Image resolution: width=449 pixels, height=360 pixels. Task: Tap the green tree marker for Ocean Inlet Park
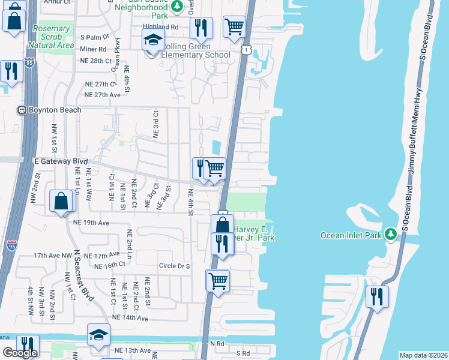(x=391, y=232)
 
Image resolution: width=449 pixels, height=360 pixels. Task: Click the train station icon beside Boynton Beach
(x=22, y=110)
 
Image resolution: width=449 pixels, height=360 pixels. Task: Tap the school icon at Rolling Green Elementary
(x=153, y=41)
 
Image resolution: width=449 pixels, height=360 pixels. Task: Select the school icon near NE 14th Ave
(x=98, y=335)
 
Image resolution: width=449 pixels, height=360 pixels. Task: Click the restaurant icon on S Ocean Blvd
(x=377, y=296)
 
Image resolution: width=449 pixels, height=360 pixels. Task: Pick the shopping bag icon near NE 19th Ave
(x=62, y=202)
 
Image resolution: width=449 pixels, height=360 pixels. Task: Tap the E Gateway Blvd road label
(x=61, y=162)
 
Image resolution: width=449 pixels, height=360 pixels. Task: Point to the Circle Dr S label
(x=175, y=266)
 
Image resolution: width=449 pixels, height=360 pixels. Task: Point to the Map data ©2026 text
(x=423, y=355)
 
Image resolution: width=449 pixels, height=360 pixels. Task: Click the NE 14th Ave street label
(x=130, y=317)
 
